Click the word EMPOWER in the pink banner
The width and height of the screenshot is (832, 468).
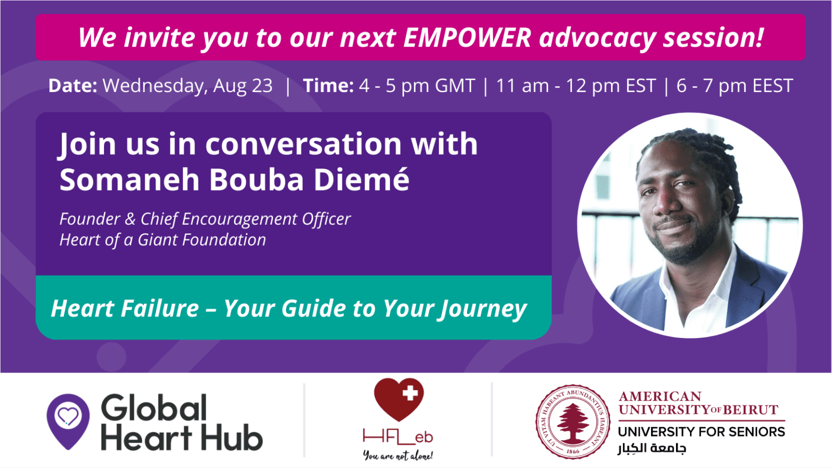(467, 37)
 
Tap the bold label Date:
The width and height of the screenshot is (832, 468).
(73, 86)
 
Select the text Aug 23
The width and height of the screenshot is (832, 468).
(243, 86)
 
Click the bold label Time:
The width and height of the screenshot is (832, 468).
(328, 86)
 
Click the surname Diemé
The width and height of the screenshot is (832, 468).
(361, 179)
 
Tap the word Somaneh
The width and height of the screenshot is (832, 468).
(129, 179)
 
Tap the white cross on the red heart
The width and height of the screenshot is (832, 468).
(410, 393)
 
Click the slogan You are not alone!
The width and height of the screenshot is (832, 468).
(398, 455)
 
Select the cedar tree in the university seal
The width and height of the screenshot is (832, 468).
(573, 423)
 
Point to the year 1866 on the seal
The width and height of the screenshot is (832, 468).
(573, 451)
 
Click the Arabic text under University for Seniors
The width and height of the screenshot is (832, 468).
(652, 448)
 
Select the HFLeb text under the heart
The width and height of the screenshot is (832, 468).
(398, 437)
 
